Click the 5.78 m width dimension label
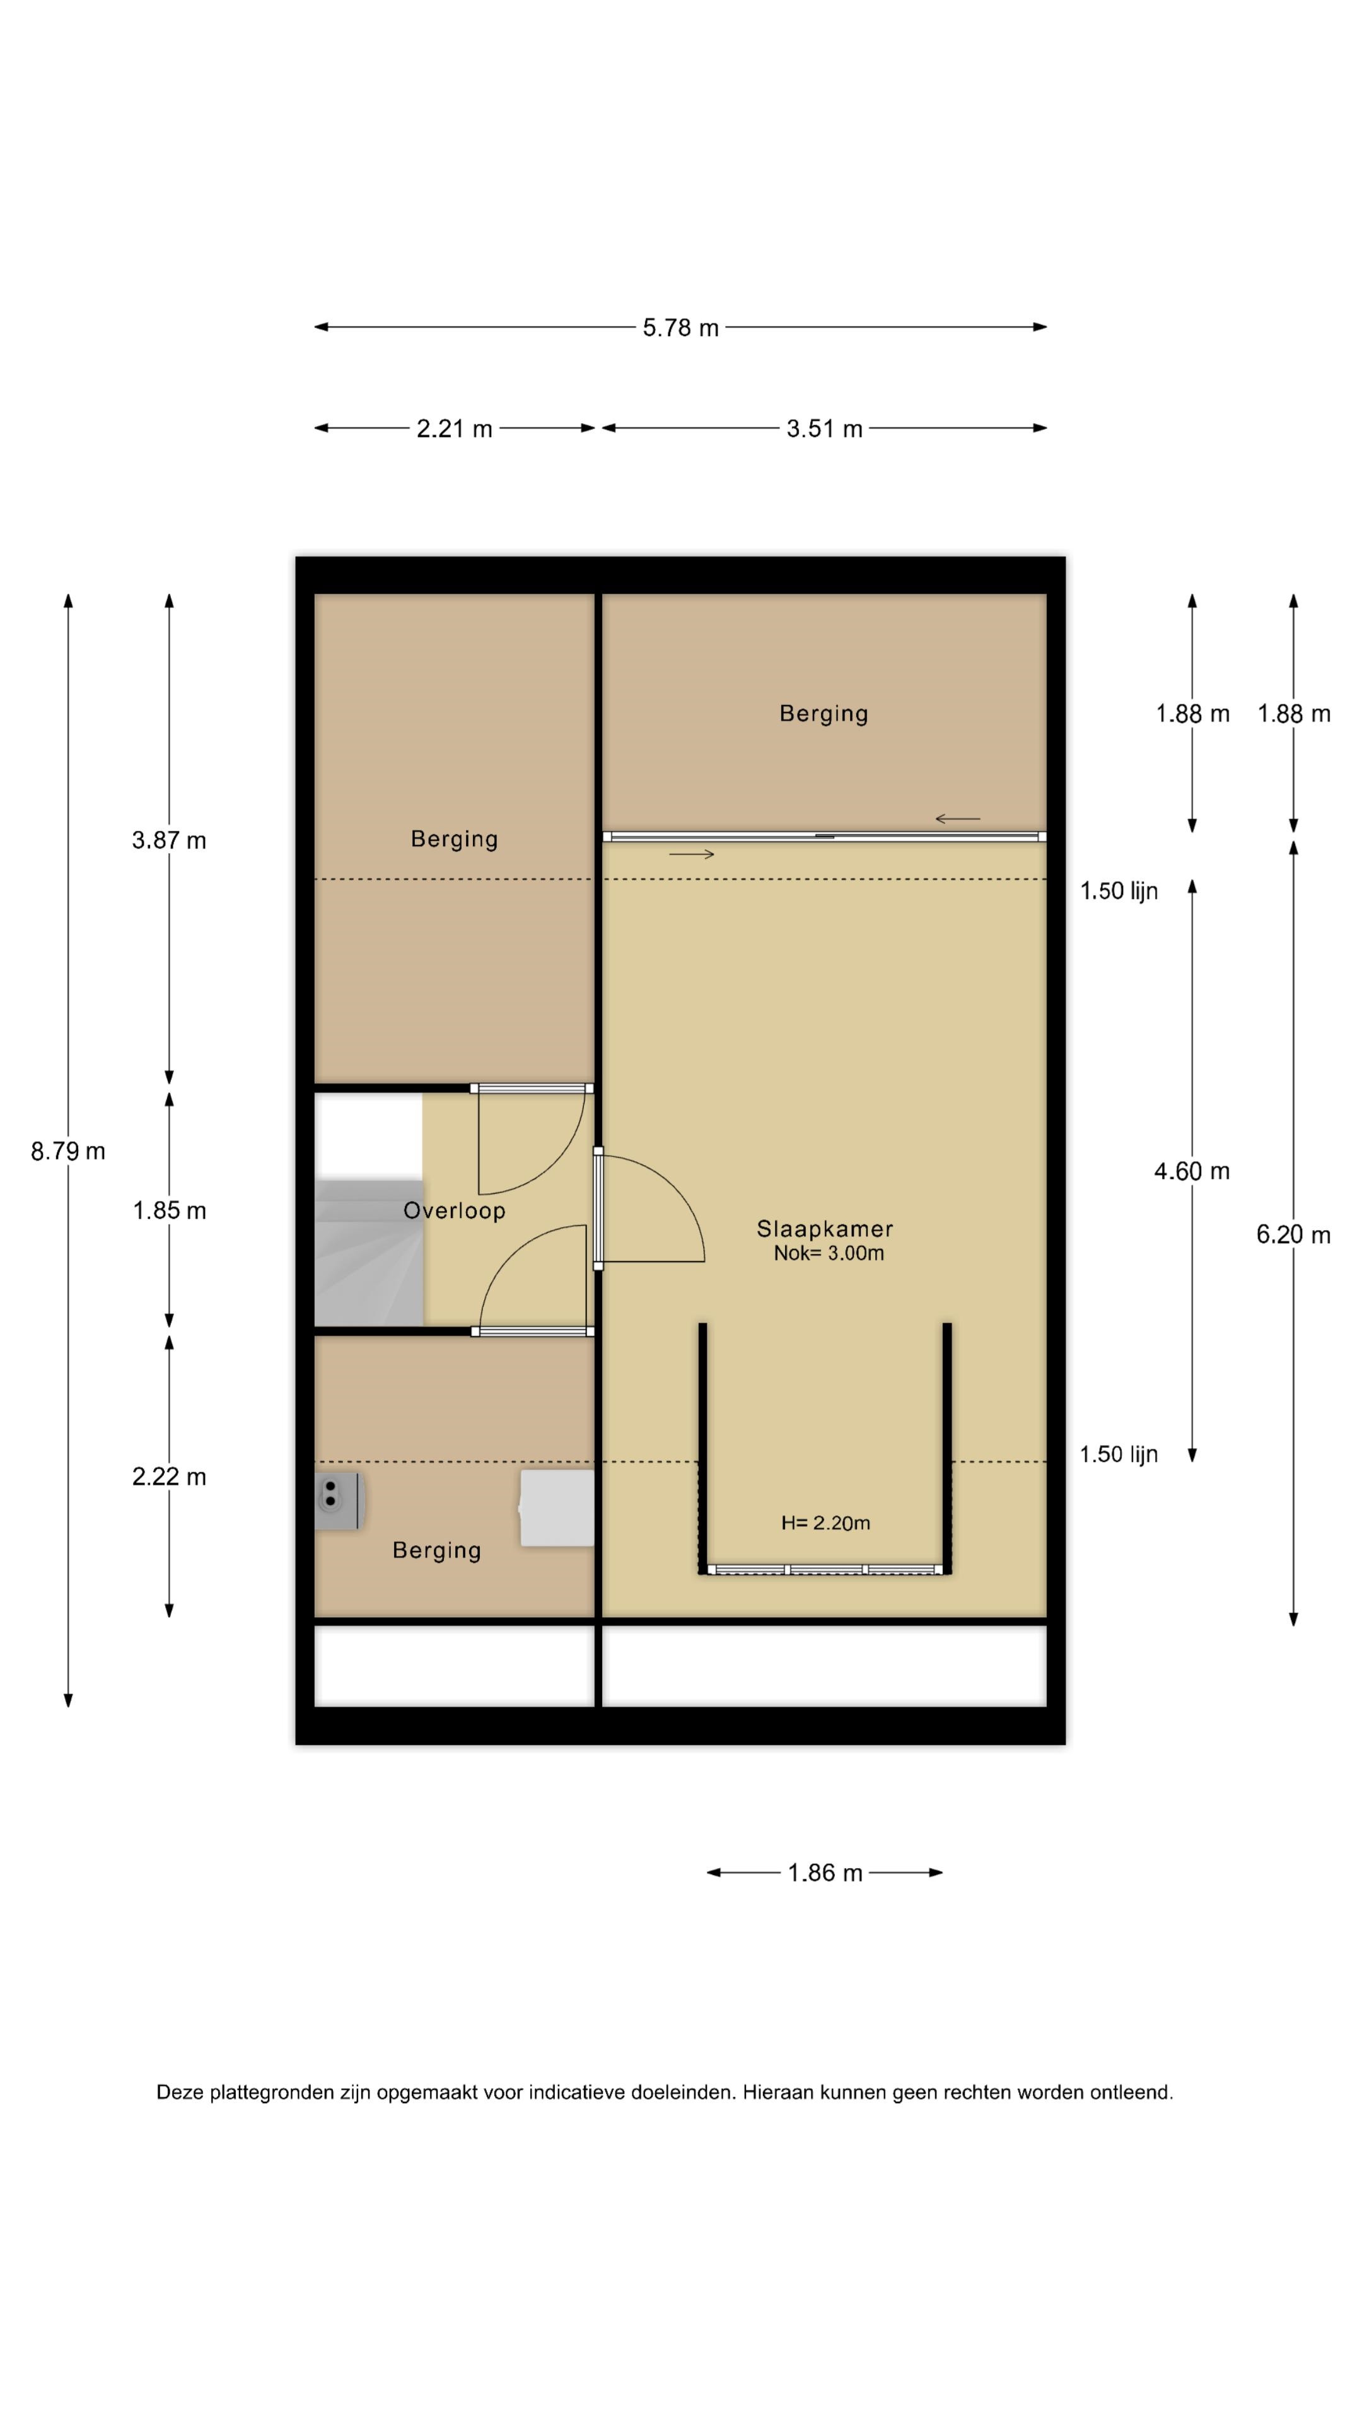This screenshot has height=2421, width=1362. [x=680, y=328]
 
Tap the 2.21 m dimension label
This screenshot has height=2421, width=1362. [x=454, y=429]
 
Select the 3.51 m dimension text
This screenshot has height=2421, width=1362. [x=824, y=429]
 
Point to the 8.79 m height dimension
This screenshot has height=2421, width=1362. [x=67, y=1151]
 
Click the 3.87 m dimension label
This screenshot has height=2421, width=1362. [x=169, y=840]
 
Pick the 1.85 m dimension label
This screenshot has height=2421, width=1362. [x=169, y=1210]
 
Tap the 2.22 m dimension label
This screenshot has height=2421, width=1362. [x=169, y=1477]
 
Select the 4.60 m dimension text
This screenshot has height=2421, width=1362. [x=1192, y=1171]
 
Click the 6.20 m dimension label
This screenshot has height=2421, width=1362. [x=1293, y=1235]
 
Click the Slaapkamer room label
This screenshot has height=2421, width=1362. [x=824, y=1228]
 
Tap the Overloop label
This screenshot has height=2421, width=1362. [x=454, y=1211]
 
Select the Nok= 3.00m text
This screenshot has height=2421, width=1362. [x=828, y=1253]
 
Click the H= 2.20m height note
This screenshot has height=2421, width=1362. [x=825, y=1523]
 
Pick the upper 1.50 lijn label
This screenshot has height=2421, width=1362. [x=1119, y=891]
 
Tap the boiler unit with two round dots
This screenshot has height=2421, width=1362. [x=337, y=1501]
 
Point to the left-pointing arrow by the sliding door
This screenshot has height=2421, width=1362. [x=957, y=818]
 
